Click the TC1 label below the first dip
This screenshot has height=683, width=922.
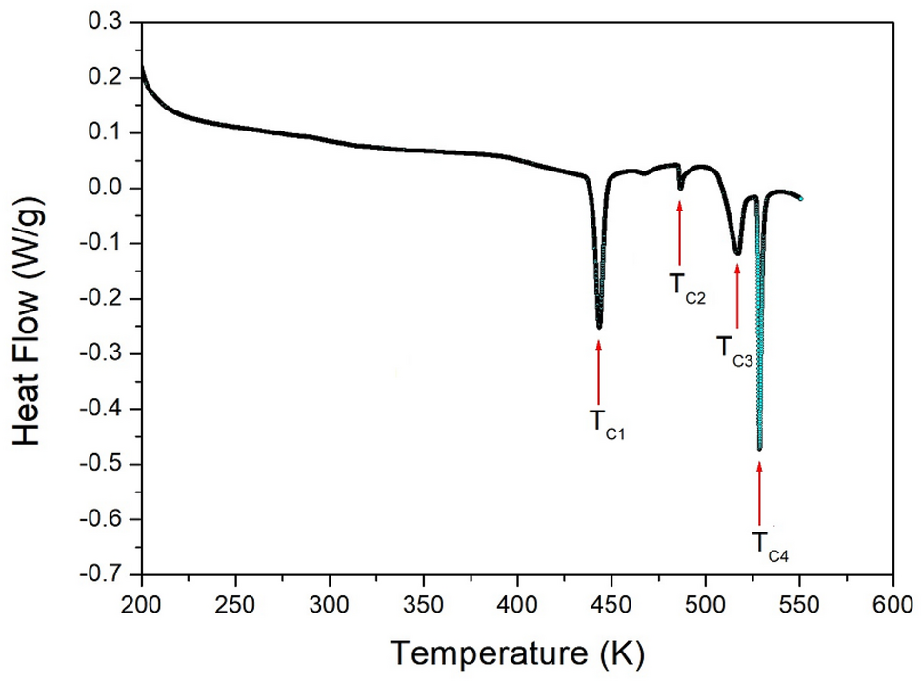[x=607, y=422]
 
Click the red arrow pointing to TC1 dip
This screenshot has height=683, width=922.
[x=599, y=372]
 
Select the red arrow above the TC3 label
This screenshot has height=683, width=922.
[x=737, y=295]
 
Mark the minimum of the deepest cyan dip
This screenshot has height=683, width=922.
[x=759, y=447]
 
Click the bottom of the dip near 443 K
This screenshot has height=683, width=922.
[x=599, y=326]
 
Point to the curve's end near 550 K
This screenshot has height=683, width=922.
[x=801, y=198]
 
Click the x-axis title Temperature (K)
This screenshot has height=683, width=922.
[x=517, y=653]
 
